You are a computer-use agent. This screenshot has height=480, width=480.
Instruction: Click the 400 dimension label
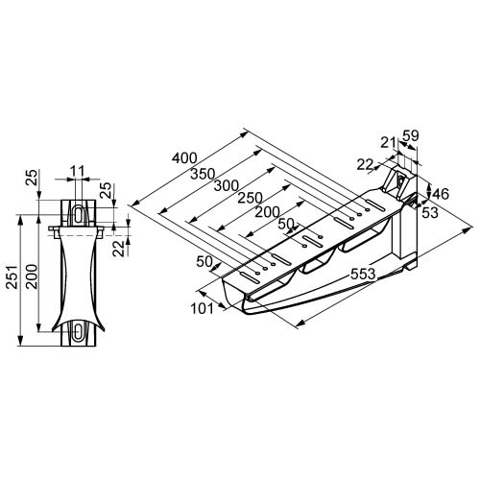(184, 157)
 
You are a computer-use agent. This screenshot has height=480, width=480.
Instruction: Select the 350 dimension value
(203, 174)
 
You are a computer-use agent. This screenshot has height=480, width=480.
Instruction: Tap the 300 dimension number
(227, 185)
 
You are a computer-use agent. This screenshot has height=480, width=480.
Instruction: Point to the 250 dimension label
(250, 198)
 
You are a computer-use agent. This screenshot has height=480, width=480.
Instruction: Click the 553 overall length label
(363, 274)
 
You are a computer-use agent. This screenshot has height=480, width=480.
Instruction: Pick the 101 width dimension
(202, 309)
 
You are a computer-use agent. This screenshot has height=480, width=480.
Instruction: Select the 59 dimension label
(411, 135)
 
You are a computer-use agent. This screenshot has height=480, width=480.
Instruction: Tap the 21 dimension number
(388, 142)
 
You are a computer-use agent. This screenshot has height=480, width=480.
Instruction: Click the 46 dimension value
(441, 194)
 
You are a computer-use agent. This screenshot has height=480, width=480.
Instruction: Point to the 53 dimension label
(430, 213)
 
